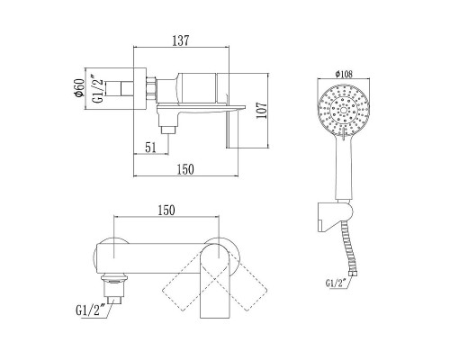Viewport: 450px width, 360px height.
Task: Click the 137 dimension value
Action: (181, 40)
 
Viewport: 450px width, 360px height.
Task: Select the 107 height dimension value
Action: (262, 111)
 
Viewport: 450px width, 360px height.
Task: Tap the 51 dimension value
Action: (150, 148)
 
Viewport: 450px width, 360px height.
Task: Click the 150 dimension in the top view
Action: (185, 169)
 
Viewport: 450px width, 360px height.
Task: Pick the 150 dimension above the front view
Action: (166, 211)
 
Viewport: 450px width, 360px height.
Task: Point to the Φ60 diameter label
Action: (78, 88)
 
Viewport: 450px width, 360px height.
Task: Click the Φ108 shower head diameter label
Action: (344, 74)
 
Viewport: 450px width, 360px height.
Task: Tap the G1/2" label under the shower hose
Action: (336, 283)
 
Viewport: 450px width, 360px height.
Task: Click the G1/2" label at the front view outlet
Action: (90, 310)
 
